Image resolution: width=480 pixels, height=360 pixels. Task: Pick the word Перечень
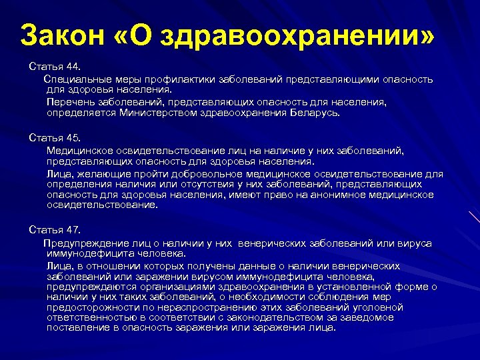[x=69, y=103]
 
